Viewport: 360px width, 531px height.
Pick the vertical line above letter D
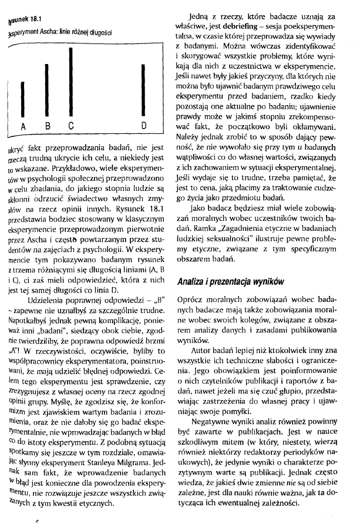tap(144, 90)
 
